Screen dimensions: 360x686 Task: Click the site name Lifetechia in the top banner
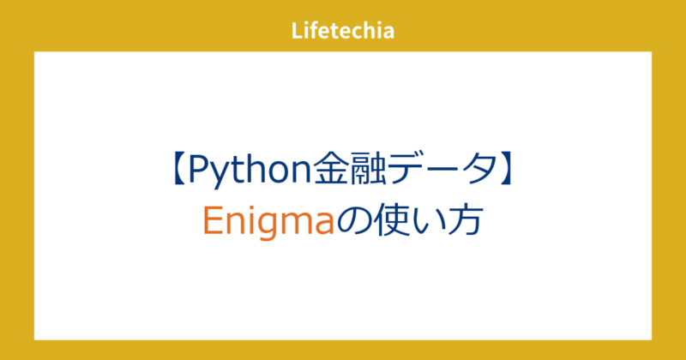(342, 32)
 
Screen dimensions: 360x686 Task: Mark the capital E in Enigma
(212, 220)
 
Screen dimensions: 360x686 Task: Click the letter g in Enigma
(256, 225)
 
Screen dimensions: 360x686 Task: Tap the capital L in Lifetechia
(296, 32)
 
